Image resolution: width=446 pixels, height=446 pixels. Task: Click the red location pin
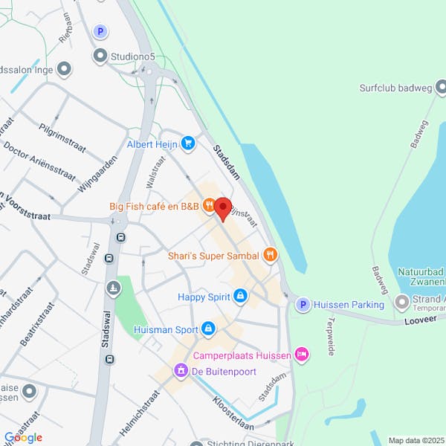point(222,209)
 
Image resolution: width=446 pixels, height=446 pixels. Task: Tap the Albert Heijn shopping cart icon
point(188,143)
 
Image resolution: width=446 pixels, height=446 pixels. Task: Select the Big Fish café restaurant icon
point(209,205)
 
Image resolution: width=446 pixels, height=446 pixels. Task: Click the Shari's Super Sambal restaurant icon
point(270,256)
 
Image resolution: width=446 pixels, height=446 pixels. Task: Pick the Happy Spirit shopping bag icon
point(239,297)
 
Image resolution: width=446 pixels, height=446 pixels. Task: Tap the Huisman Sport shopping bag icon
point(209,329)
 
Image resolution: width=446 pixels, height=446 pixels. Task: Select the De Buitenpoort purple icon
point(181,369)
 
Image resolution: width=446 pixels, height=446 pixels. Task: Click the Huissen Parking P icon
point(303,304)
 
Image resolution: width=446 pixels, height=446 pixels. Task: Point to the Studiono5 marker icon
point(100,55)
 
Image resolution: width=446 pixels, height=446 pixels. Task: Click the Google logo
point(23,437)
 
